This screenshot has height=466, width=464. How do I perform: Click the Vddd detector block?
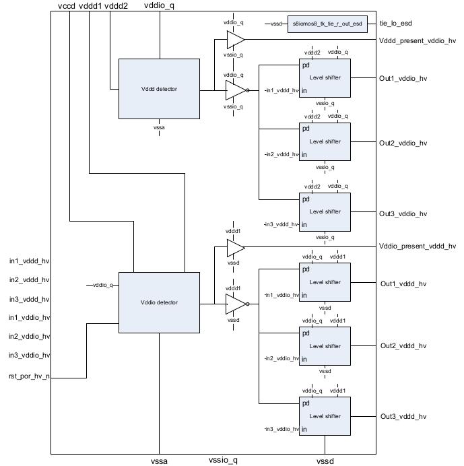[159, 90]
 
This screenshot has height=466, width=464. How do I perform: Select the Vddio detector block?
[159, 302]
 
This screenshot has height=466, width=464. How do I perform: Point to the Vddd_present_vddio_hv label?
[418, 40]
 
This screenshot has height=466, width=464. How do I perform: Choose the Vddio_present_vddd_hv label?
[418, 246]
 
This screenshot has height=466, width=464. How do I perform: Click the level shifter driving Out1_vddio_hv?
[325, 78]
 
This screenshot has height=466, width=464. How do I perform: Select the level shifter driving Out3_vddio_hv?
[325, 212]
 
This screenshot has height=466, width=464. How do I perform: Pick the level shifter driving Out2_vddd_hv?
[325, 346]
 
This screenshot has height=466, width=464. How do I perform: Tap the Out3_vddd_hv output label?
[403, 416]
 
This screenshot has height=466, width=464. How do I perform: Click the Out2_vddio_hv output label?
[403, 143]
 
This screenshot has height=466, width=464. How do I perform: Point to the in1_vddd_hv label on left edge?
[29, 261]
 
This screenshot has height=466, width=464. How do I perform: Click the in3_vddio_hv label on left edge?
[29, 356]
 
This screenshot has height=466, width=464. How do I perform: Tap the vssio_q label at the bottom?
[224, 460]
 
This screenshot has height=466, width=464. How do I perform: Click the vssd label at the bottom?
[325, 461]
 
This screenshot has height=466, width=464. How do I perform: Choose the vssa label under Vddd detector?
[159, 127]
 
